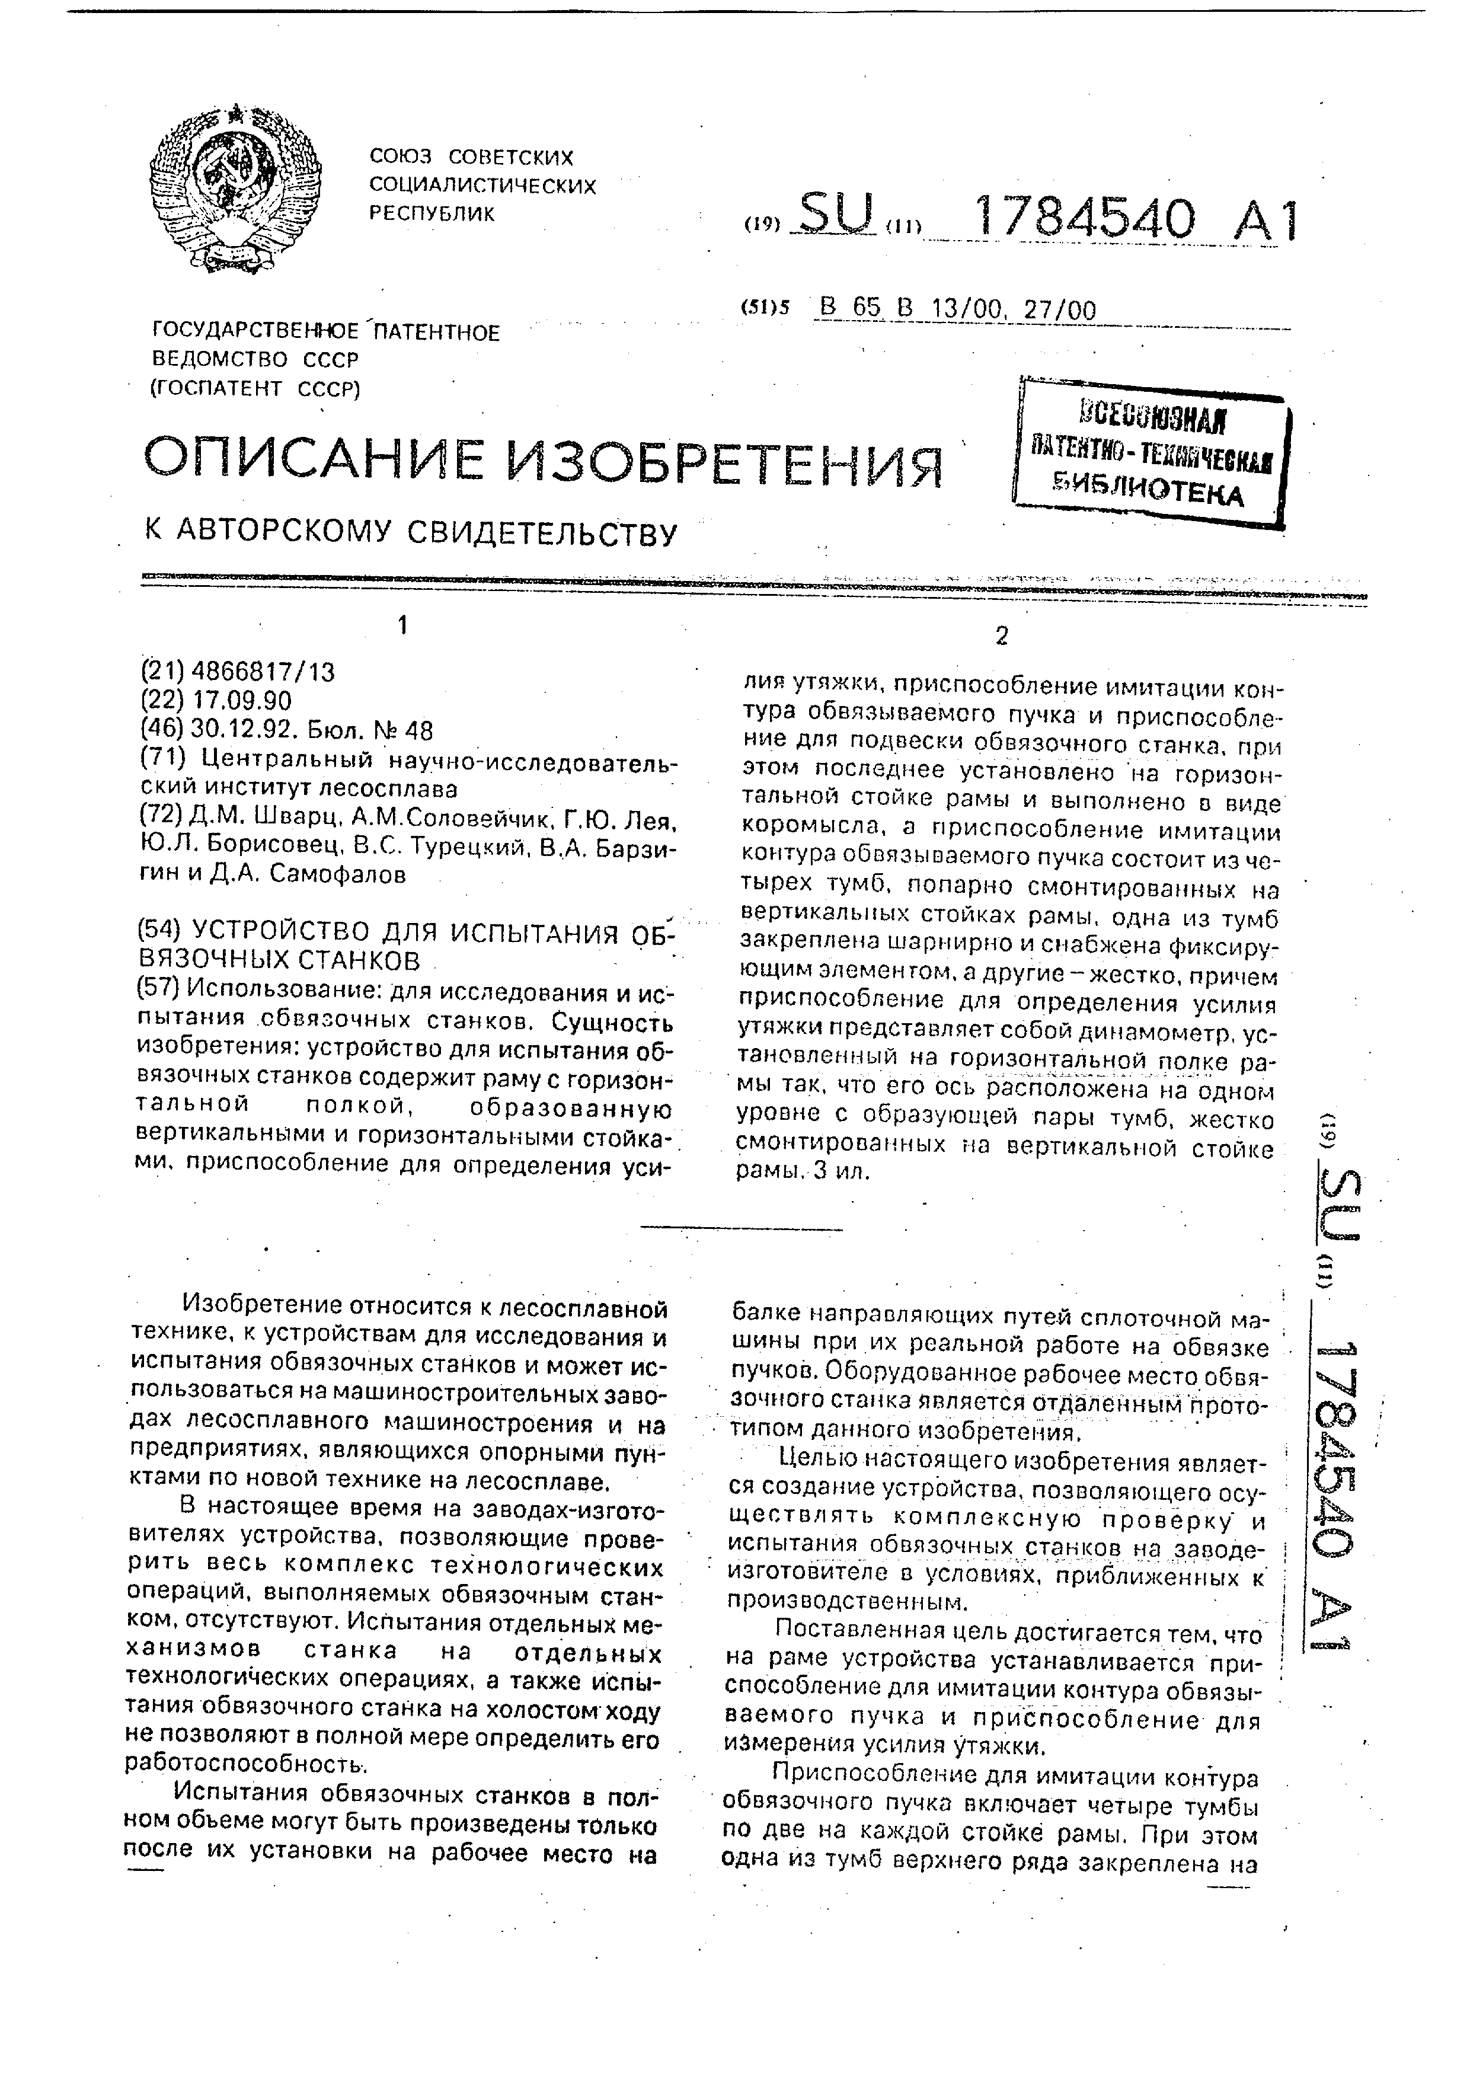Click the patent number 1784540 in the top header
1082,220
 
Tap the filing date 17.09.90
242,701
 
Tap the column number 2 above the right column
1001,637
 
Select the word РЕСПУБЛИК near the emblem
433,213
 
